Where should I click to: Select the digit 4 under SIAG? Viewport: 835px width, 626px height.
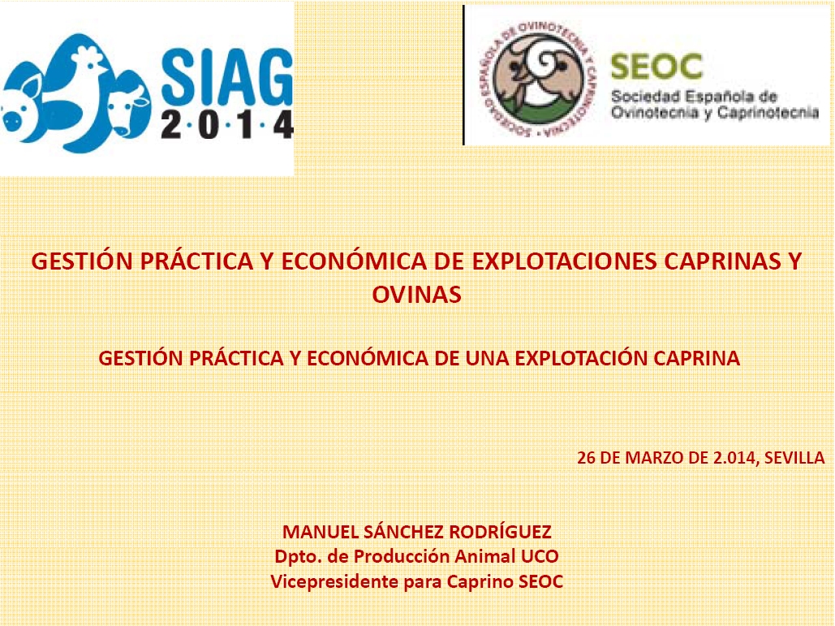(283, 125)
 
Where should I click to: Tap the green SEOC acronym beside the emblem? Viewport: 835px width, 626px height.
(656, 67)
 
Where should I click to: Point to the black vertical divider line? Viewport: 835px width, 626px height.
(464, 76)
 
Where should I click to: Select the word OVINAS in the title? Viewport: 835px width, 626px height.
(416, 295)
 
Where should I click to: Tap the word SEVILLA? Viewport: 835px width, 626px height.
(794, 458)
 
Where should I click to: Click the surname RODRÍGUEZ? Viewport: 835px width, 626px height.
(500, 531)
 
